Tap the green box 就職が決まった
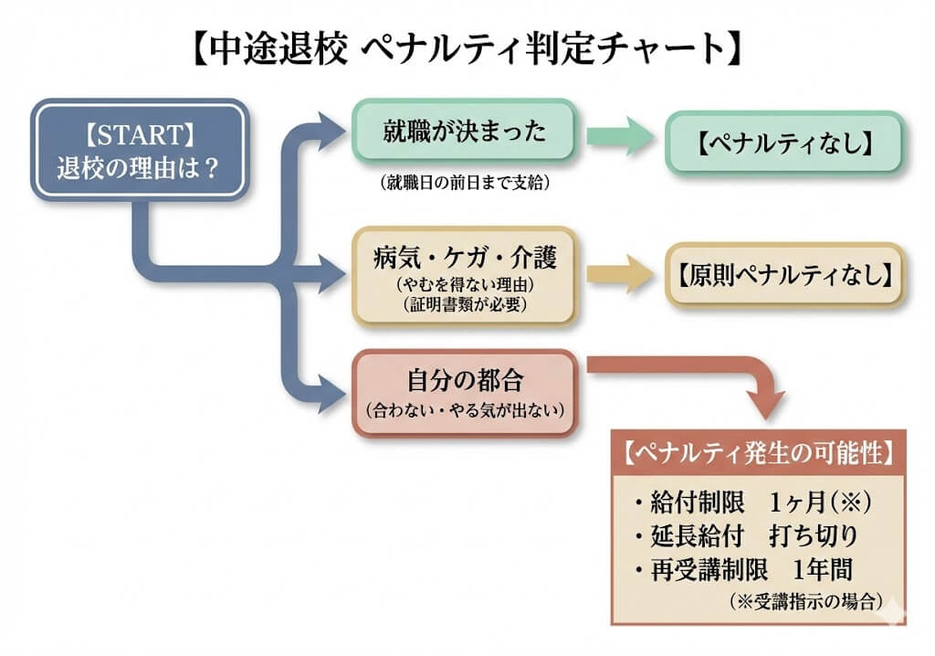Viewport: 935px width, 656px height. tap(465, 133)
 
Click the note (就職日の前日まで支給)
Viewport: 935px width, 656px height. tap(465, 183)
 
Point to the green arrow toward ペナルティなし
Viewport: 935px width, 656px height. tap(621, 137)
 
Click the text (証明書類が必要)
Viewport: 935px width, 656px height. tap(465, 304)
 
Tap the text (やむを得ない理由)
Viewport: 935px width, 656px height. tap(465, 284)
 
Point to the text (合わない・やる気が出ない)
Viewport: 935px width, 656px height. tap(465, 410)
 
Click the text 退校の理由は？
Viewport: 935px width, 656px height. tap(139, 168)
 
